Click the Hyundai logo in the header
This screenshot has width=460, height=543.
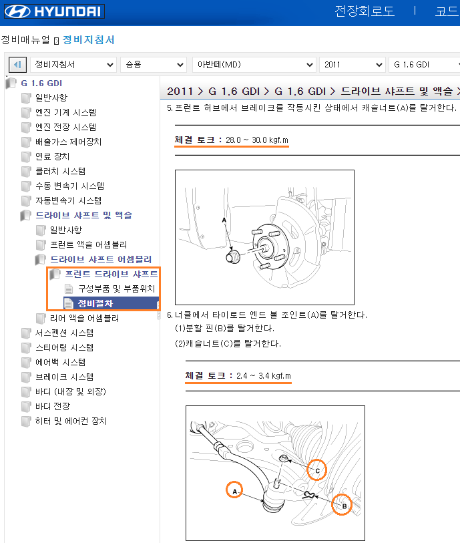click(54, 11)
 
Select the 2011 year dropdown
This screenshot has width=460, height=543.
click(352, 65)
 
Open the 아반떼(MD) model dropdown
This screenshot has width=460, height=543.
click(254, 65)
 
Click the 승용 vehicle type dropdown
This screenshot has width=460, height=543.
click(154, 65)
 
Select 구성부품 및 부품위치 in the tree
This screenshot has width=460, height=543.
click(116, 289)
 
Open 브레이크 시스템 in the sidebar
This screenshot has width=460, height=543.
click(64, 377)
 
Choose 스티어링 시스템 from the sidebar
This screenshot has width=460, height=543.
click(64, 347)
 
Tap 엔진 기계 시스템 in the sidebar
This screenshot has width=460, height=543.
click(66, 112)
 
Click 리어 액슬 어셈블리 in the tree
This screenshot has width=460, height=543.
click(84, 318)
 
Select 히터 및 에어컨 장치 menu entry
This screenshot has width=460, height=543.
click(71, 421)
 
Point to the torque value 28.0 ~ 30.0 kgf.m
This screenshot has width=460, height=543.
click(257, 140)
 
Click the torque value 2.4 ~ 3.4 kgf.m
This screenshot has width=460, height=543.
click(264, 376)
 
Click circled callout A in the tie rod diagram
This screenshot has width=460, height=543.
click(234, 490)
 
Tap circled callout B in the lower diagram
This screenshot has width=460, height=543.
click(342, 504)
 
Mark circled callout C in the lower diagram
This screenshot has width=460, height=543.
click(316, 470)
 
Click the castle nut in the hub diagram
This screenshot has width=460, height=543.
click(233, 256)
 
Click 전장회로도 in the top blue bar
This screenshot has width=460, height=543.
click(365, 11)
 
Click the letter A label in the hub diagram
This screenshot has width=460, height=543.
click(224, 220)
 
